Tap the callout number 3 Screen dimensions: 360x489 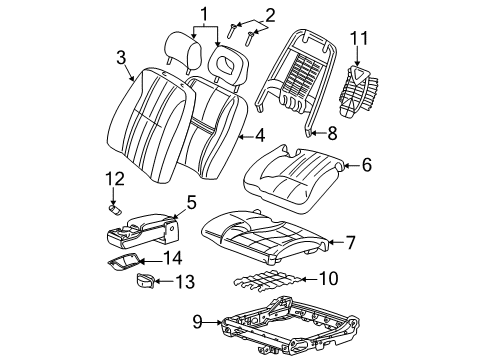120,57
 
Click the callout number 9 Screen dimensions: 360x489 196,321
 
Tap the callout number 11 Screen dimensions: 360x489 359,40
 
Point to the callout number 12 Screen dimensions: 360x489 117,179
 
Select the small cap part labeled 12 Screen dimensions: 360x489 116,211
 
